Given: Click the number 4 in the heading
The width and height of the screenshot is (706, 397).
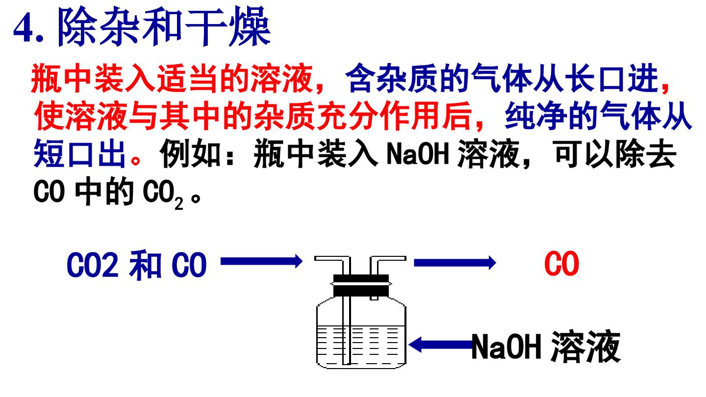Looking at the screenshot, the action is pos(24,28).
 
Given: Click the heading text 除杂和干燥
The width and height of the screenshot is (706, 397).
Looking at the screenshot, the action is pos(164,26).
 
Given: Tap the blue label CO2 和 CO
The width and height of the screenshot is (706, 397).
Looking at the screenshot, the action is pos(136,265).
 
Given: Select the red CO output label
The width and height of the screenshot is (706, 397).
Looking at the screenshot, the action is pos(561,264).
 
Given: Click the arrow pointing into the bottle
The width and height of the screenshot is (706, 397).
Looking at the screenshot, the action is pos(261,262).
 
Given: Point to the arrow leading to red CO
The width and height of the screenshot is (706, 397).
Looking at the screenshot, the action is pos(454,263).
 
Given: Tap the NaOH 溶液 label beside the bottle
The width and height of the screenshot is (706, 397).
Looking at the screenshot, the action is pos(546,346).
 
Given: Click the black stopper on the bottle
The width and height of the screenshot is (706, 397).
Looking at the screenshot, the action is pos(361,285).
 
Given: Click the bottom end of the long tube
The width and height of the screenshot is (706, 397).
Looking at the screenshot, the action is pos(347,364).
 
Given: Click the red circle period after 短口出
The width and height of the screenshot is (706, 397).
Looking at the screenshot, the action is pos(135,160).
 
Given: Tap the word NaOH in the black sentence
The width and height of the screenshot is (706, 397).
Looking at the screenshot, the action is pos(417,154).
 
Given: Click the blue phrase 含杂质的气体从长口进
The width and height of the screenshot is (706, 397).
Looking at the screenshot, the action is pos(502,78).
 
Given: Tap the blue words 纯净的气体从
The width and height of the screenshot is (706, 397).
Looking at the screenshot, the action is pos(598,116).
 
